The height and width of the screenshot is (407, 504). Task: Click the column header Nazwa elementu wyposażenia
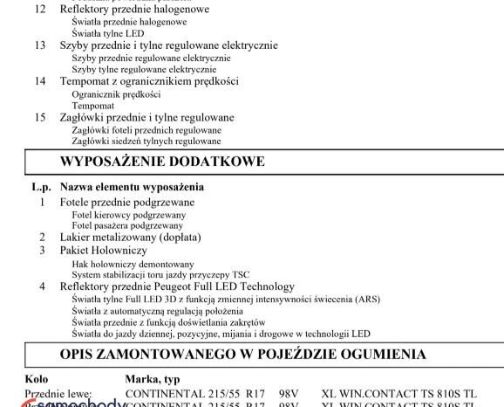pyautogui.click(x=132, y=187)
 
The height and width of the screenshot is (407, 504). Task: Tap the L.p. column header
pyautogui.click(x=42, y=187)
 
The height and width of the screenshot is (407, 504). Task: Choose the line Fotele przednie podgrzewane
pyautogui.click(x=127, y=202)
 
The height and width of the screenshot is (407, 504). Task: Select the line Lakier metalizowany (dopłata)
pyautogui.click(x=130, y=238)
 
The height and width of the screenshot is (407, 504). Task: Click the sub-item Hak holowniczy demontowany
pyautogui.click(x=133, y=263)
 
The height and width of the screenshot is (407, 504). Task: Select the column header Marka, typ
pyautogui.click(x=158, y=379)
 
